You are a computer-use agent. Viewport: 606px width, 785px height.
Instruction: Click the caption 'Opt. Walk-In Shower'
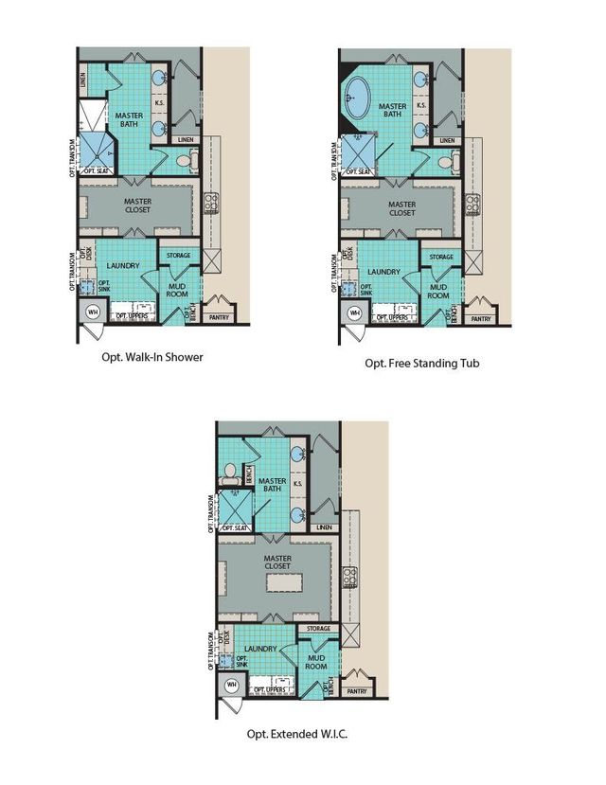(x=152, y=358)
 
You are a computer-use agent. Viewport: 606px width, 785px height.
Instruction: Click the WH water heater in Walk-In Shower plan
(x=93, y=312)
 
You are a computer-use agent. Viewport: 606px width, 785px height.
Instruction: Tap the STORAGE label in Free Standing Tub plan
(x=440, y=257)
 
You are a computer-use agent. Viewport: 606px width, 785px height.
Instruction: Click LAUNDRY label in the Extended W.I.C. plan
(x=259, y=649)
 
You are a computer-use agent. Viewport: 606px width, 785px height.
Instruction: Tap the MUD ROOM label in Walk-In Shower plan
(x=176, y=290)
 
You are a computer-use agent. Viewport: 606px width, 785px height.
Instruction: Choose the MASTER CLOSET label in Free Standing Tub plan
(x=401, y=208)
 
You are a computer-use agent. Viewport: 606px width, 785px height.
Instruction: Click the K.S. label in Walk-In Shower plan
(x=160, y=103)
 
